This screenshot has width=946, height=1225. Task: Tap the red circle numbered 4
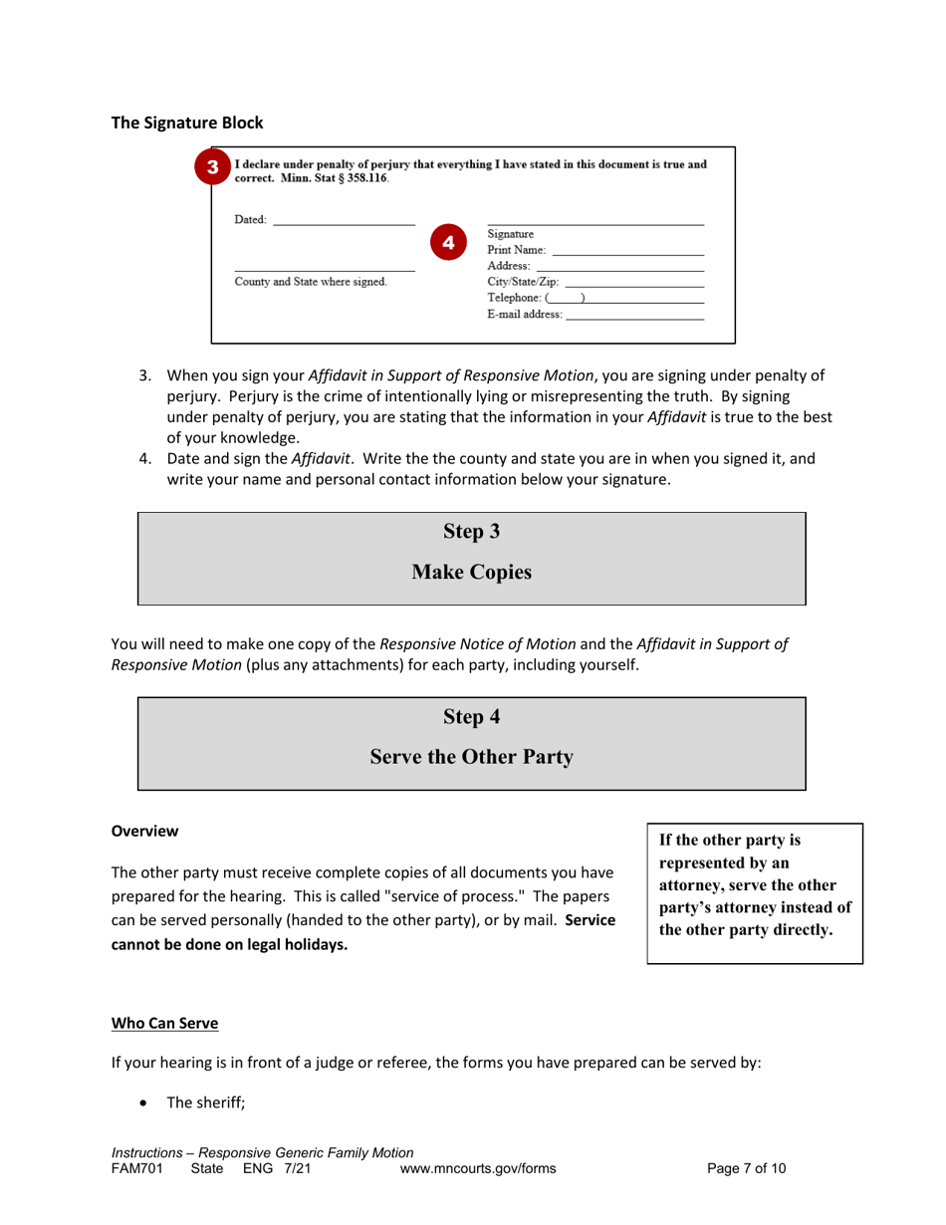tap(448, 242)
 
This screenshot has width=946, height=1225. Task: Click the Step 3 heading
tap(471, 532)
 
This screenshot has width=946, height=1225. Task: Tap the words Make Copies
tap(471, 573)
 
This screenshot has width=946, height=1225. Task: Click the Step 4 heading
tap(471, 716)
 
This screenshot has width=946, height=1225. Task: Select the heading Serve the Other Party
tap(471, 758)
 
